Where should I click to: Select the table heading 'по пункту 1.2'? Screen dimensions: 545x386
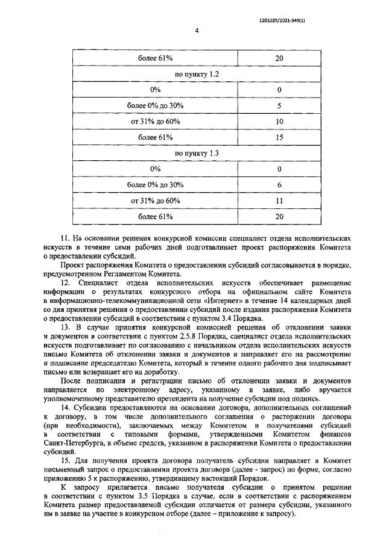(197, 74)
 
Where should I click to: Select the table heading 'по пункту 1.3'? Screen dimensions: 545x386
(197, 154)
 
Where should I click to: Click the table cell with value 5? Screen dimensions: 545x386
(279, 106)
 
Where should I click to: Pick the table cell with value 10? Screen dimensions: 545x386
(279, 122)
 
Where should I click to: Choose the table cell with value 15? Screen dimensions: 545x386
(279, 138)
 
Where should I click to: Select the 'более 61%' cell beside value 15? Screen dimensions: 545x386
(156, 138)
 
